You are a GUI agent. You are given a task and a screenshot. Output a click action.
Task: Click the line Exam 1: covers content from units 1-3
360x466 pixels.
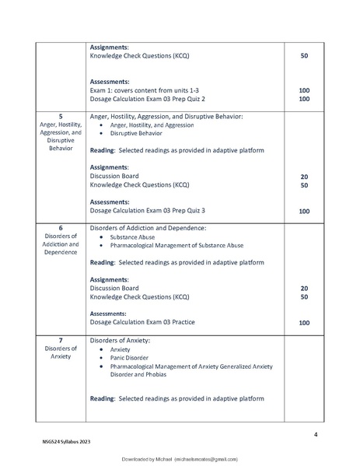(145, 90)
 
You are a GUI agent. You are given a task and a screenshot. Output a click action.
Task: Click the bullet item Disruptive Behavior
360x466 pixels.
(136, 133)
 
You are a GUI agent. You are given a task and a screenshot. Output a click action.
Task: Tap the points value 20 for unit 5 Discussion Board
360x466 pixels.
(304, 177)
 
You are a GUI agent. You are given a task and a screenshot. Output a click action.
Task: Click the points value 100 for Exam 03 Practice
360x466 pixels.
(304, 322)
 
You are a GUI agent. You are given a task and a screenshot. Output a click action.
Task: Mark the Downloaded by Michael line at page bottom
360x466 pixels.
(180, 461)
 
